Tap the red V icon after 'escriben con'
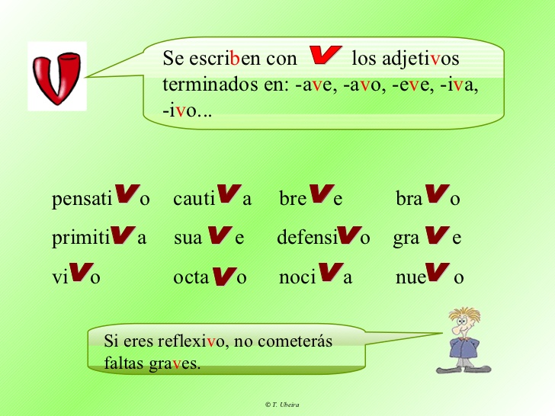click(x=326, y=55)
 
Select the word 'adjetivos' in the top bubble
click(x=406, y=59)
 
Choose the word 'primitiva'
click(x=99, y=236)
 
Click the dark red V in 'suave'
click(x=220, y=235)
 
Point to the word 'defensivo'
click(x=323, y=236)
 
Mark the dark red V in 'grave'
click(x=437, y=235)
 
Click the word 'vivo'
click(x=76, y=274)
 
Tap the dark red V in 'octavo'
click(x=224, y=276)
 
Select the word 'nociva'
click(x=316, y=274)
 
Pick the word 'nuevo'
click(x=430, y=274)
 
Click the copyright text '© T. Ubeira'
click(x=282, y=405)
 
